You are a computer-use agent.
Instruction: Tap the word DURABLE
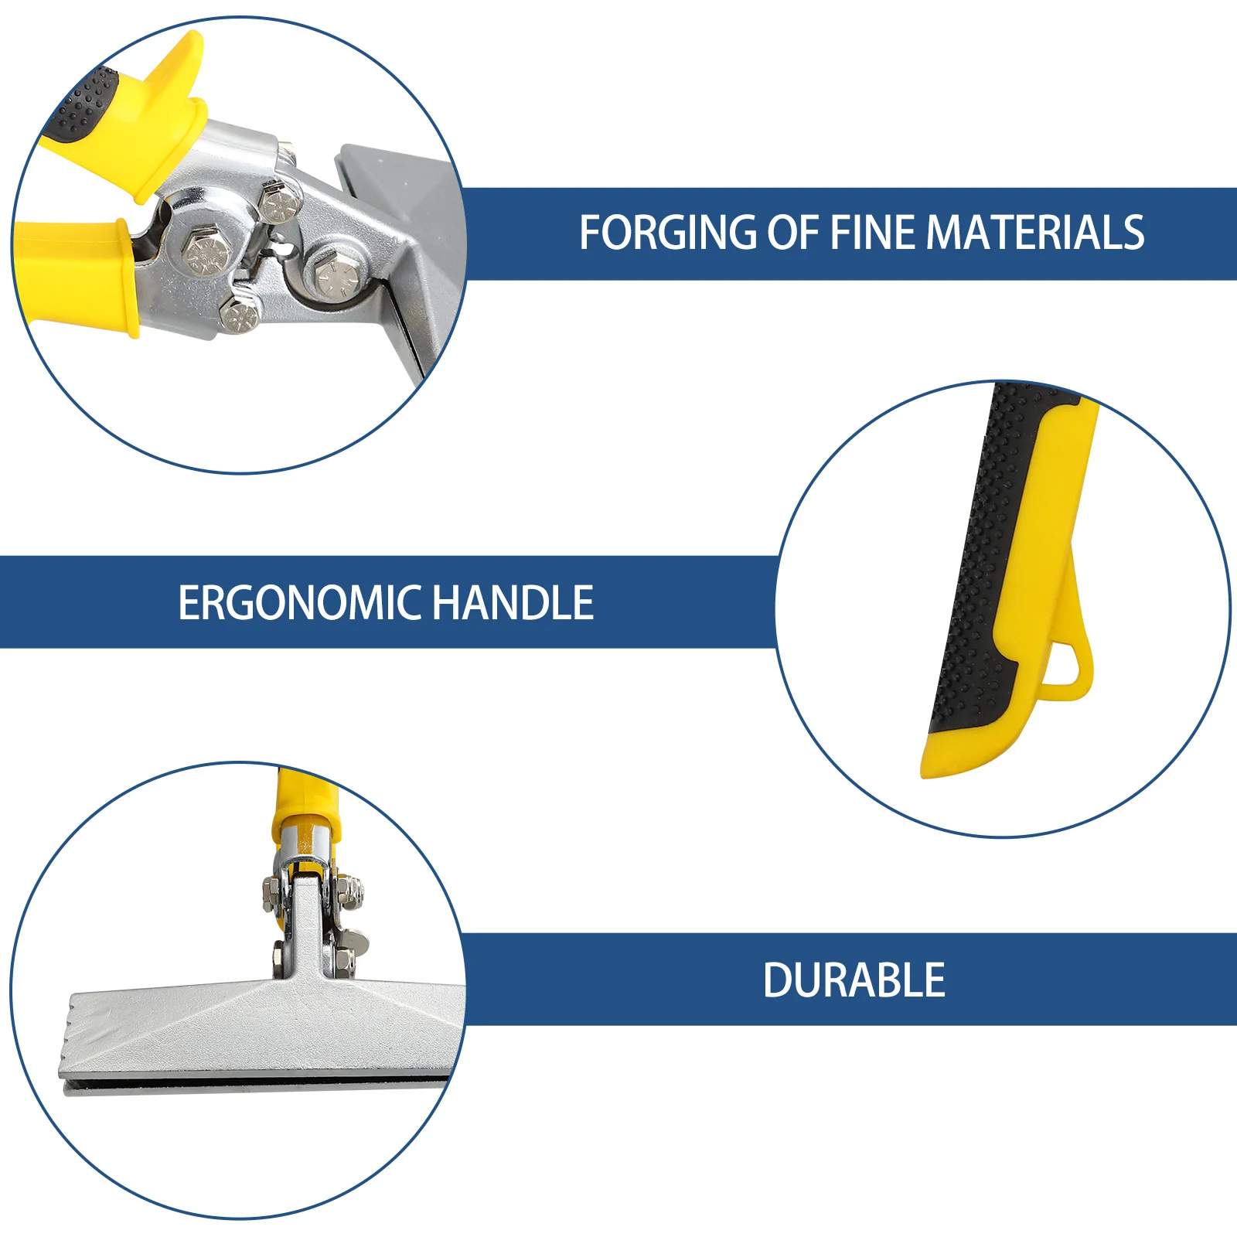tap(854, 980)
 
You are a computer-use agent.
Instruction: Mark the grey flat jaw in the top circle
tap(402, 193)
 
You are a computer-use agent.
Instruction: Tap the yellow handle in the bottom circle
tap(305, 804)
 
